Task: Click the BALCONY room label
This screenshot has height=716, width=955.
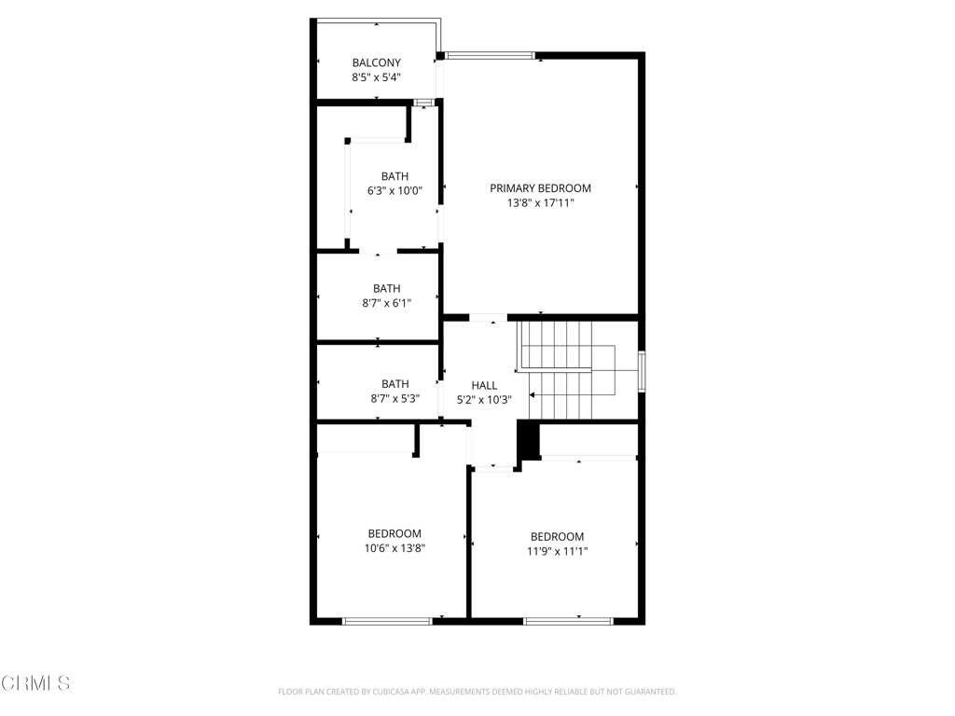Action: coord(376,62)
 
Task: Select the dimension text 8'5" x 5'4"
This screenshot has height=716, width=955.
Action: coord(376,77)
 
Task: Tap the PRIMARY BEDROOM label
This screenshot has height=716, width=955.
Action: coord(540,187)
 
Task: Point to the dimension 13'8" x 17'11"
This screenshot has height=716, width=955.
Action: coord(540,202)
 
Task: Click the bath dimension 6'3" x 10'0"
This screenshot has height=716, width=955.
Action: coord(394,191)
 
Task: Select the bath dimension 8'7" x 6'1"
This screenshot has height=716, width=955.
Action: coord(386,303)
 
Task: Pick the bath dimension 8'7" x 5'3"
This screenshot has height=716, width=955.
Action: coord(394,398)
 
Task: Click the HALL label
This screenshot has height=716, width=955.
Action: coord(484,384)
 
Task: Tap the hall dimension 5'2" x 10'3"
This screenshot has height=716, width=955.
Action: coord(484,399)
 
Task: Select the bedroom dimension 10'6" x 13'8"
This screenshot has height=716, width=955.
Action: coord(394,548)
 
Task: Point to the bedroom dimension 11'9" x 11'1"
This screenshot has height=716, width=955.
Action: coord(557,551)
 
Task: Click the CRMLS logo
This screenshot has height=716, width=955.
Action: coord(35,683)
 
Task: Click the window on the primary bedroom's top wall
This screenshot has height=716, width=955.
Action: coord(489,56)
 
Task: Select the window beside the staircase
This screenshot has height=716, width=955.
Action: coord(641,369)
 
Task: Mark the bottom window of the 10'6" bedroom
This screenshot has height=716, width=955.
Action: coord(387,620)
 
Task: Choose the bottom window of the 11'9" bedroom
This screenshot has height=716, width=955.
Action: coord(568,620)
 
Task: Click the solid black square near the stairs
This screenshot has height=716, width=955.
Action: coord(529,440)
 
